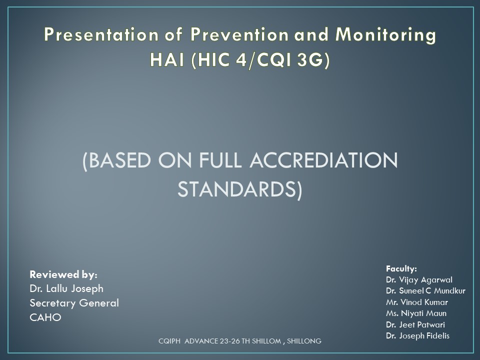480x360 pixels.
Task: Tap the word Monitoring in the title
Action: (x=385, y=35)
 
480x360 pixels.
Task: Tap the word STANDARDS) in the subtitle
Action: (x=240, y=189)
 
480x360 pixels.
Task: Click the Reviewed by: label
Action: (x=63, y=274)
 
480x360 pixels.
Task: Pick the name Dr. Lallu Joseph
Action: (x=66, y=288)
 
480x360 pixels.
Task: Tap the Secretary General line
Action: (x=74, y=303)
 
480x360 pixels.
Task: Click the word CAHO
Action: (x=45, y=317)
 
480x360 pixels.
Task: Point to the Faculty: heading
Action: (x=401, y=268)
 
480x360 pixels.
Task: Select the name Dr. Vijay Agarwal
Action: (x=419, y=279)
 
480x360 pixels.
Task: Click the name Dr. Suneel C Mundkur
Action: (x=425, y=291)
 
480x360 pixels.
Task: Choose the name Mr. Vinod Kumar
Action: (x=416, y=302)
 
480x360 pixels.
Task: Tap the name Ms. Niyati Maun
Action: (x=416, y=313)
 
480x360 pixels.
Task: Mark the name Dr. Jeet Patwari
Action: (x=415, y=324)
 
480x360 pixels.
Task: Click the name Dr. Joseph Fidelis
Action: (x=417, y=336)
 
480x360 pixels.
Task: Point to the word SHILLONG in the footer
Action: (x=304, y=341)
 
